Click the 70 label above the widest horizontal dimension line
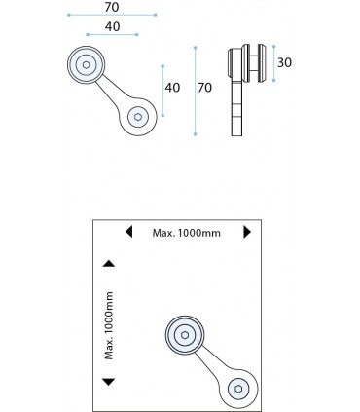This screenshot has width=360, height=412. [112, 7]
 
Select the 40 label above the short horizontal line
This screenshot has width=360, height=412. [112, 26]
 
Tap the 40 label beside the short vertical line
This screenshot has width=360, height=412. [172, 88]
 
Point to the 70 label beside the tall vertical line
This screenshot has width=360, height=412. [205, 88]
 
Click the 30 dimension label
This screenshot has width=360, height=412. [284, 62]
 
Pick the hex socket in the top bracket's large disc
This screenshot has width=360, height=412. [86, 65]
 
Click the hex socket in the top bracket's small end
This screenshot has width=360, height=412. [138, 117]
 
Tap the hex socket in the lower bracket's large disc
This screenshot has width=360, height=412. [185, 335]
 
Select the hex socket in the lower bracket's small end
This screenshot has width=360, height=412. [238, 389]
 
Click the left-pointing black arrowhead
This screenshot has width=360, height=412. [129, 232]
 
